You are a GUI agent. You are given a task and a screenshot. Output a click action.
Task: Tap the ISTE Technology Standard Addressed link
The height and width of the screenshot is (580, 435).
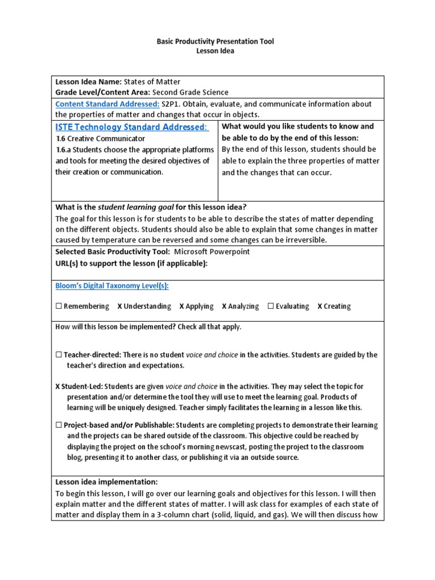(x=131, y=127)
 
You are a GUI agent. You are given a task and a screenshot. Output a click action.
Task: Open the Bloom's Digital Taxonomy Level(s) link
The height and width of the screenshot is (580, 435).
(x=112, y=286)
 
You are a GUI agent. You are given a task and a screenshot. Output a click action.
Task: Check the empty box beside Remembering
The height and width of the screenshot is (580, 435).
(x=58, y=306)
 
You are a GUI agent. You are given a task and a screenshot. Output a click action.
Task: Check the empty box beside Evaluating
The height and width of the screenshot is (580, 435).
(x=271, y=306)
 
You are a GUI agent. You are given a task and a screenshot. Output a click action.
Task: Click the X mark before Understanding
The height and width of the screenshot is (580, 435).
(x=120, y=306)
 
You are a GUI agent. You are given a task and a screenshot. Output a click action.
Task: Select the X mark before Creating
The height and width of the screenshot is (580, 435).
(x=319, y=306)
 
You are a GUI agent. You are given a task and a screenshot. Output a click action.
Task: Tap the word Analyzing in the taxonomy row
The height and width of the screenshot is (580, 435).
(x=244, y=306)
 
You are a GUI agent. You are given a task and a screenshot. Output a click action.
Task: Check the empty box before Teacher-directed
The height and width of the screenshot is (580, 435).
(x=58, y=355)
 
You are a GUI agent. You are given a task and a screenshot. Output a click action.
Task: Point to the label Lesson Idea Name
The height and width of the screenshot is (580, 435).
(x=88, y=82)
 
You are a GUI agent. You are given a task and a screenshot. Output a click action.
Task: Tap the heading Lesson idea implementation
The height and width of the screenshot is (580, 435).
(x=106, y=482)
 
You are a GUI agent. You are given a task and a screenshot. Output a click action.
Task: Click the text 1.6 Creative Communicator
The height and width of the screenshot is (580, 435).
(x=100, y=139)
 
